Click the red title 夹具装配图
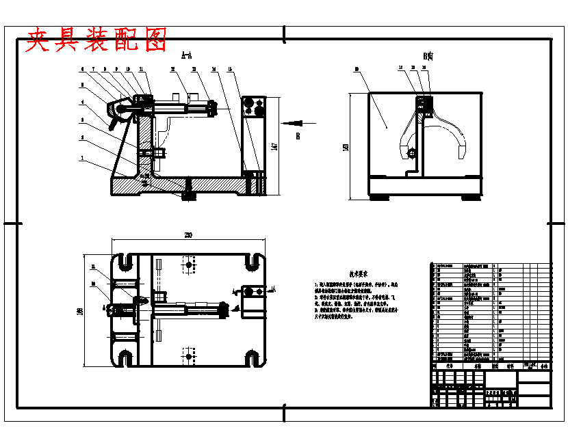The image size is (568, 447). point(96,40)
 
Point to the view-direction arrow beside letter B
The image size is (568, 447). point(293,123)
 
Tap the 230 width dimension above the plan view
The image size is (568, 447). point(188,236)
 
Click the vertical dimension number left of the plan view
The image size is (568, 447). point(80,312)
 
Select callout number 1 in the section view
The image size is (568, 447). point(81,158)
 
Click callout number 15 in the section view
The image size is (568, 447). point(229,70)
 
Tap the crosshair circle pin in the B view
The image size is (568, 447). point(413,154)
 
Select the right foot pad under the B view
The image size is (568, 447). point(470,198)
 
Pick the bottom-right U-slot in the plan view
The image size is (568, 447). point(253,357)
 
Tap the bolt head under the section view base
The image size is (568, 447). point(189,197)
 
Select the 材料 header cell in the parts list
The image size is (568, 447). point(509,366)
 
